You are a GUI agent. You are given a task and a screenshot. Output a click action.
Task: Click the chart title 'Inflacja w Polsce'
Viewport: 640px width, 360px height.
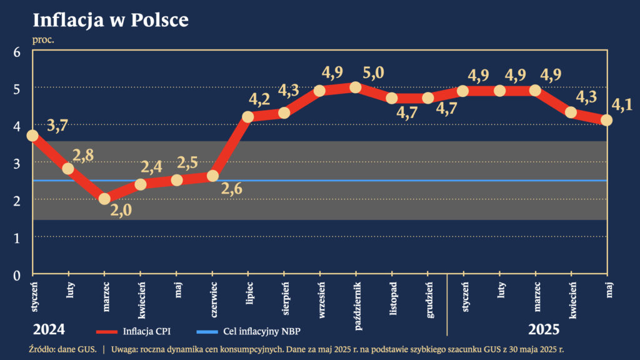(110, 20)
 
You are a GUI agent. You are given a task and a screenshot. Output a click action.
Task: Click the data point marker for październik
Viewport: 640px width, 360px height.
(356, 87)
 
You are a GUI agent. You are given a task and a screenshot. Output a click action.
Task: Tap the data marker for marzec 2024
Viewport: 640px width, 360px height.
(104, 199)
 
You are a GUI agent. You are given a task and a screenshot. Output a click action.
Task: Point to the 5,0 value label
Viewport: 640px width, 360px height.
(373, 73)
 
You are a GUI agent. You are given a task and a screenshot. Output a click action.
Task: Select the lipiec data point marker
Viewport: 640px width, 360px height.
(248, 117)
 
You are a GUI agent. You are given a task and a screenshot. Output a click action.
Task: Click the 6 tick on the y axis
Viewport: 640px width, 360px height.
(17, 52)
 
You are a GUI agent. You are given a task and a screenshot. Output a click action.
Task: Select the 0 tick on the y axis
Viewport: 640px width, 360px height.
(17, 274)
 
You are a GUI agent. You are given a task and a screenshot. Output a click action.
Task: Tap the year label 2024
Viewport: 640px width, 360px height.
(49, 329)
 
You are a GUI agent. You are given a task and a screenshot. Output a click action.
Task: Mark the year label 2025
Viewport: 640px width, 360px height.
(543, 329)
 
